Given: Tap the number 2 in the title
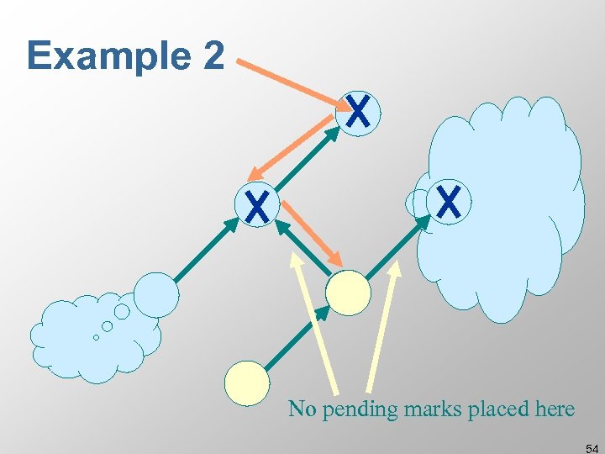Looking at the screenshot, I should pos(213,55).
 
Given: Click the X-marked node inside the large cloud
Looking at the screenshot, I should pos(449,203).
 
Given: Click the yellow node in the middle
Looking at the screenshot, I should pos(348,293).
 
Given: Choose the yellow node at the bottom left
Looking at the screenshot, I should pos(247,383).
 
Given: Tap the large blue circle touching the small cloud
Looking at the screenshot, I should pos(157,294).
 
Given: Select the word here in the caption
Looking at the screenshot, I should pos(553,409).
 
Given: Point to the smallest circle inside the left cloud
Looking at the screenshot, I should pos(96,338).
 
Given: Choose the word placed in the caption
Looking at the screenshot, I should pos(501,409).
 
